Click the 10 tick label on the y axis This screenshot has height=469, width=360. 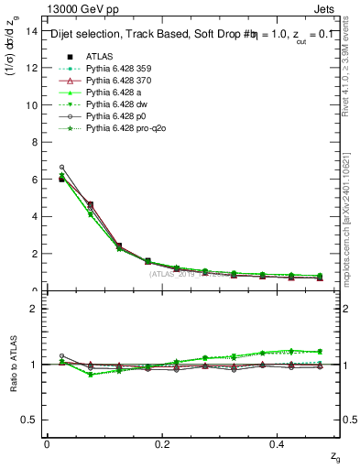tap(31, 105)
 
